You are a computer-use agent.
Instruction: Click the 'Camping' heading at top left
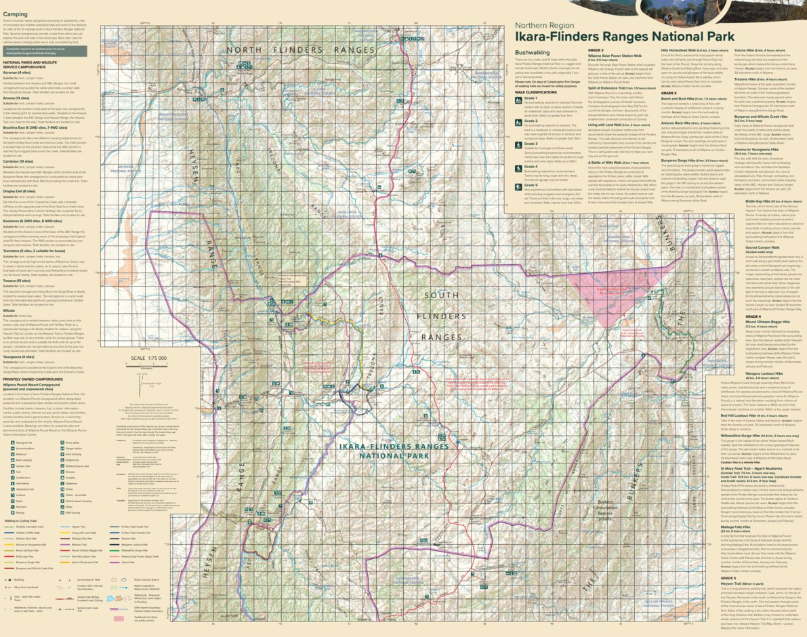[x=15, y=14]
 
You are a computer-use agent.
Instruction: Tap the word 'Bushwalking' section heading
[x=532, y=52]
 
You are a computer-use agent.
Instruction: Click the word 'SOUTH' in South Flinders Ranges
[x=441, y=295]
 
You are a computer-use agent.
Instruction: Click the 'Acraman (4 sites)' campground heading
[x=16, y=72]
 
